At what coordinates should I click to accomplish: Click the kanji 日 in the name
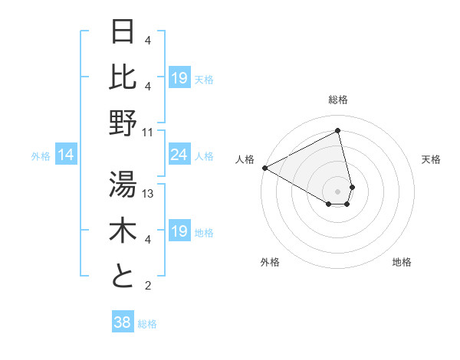123,31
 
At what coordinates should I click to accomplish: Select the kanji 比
123,76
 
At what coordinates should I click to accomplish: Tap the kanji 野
123,123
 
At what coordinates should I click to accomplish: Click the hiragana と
123,276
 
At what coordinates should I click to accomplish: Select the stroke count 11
148,132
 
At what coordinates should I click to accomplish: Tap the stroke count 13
148,193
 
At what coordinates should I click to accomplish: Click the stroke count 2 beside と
147,286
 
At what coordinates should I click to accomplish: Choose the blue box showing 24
179,155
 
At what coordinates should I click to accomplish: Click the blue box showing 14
66,155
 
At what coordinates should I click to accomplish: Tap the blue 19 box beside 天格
179,78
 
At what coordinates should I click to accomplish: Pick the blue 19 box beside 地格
179,232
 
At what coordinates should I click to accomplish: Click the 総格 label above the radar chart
338,100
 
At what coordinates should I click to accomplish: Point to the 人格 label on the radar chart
245,159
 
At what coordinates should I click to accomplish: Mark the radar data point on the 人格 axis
264,168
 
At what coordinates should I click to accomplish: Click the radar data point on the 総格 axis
338,131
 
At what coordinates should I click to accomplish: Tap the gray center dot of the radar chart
338,191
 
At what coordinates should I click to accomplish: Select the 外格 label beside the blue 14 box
41,156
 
